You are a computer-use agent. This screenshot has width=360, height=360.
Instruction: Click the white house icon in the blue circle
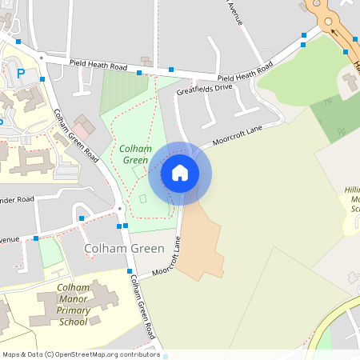[180, 172]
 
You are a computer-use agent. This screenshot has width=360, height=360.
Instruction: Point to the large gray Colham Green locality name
[124, 249]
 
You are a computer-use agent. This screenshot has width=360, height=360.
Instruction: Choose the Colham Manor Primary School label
[73, 304]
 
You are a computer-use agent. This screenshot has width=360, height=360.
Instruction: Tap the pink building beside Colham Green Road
[84, 126]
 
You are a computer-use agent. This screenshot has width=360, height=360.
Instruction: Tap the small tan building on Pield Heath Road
[146, 61]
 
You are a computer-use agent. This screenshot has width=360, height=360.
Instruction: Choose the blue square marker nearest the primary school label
[130, 271]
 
